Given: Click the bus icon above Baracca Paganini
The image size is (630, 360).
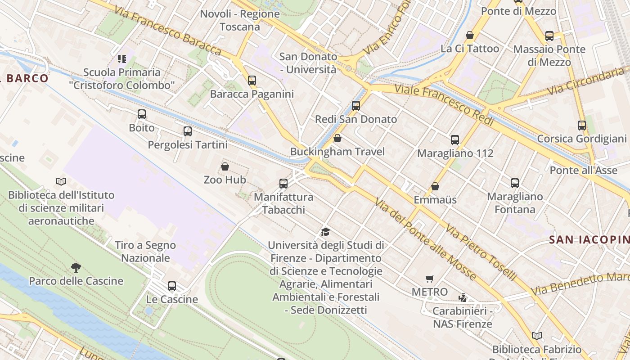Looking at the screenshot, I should coord(252,81).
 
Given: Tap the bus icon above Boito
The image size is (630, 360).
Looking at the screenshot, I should coord(142,114).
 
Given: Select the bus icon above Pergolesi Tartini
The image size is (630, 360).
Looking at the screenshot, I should coord(188,131).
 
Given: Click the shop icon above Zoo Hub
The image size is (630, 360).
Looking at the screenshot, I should coord(225,166).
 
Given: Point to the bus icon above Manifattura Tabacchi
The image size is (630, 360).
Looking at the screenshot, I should coord(283,184).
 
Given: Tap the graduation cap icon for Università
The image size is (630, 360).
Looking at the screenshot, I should coord(325,232).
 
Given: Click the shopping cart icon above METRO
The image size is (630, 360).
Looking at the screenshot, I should coord(430,279).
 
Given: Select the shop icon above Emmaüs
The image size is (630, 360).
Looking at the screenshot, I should coord(435,186).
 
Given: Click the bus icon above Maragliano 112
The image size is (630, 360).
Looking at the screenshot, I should coord(455,140).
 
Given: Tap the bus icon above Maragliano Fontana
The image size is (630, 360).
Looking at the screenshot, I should coord(515,183).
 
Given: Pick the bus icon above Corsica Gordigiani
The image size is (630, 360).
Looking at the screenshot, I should coord(582,126).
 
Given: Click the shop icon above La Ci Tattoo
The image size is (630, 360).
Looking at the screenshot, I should coord(470,35).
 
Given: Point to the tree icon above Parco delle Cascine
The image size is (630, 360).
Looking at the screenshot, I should coord(76,268).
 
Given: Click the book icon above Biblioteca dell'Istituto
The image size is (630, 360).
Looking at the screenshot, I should coord(61,181).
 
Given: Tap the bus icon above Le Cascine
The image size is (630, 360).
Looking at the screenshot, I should coord(172,286).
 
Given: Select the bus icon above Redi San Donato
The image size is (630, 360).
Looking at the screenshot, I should coord(356,106).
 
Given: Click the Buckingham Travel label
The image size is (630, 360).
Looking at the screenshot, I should coord(337,152).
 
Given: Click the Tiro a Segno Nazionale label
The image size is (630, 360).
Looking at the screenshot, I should coord(145,252).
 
